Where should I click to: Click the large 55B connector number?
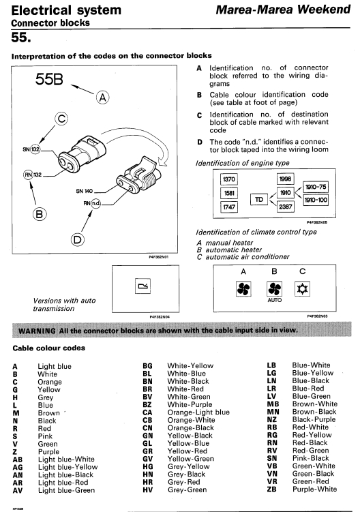[x=49, y=79]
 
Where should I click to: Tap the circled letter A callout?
[x=102, y=97]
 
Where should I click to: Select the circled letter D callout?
[x=78, y=240]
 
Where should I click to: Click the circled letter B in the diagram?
[x=40, y=214]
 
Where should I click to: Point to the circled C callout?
[x=61, y=119]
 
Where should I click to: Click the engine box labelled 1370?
[x=228, y=179]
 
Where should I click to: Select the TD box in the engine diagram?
[x=259, y=200]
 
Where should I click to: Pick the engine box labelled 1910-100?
[x=316, y=200]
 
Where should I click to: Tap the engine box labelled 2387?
[x=285, y=207]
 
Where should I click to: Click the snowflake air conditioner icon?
[x=302, y=289]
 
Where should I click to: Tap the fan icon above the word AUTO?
[x=274, y=289]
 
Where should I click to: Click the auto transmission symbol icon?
[x=143, y=286]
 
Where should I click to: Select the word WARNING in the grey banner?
[x=37, y=331]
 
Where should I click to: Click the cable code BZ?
[x=147, y=404]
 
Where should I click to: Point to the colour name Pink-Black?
[x=311, y=458]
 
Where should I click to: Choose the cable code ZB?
[x=272, y=489]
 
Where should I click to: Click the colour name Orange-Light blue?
[x=198, y=412]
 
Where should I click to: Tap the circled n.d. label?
[x=95, y=203]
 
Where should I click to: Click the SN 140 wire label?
[x=85, y=191]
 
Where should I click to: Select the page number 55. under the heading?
[x=21, y=37]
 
